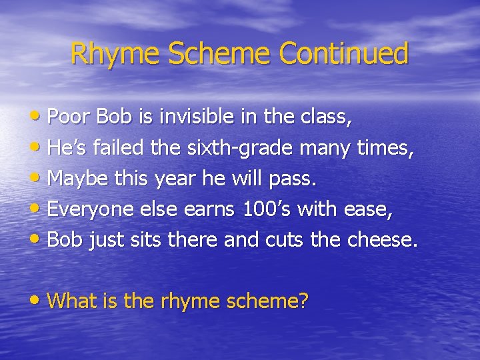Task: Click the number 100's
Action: (x=265, y=210)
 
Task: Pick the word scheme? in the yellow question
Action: (x=268, y=301)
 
